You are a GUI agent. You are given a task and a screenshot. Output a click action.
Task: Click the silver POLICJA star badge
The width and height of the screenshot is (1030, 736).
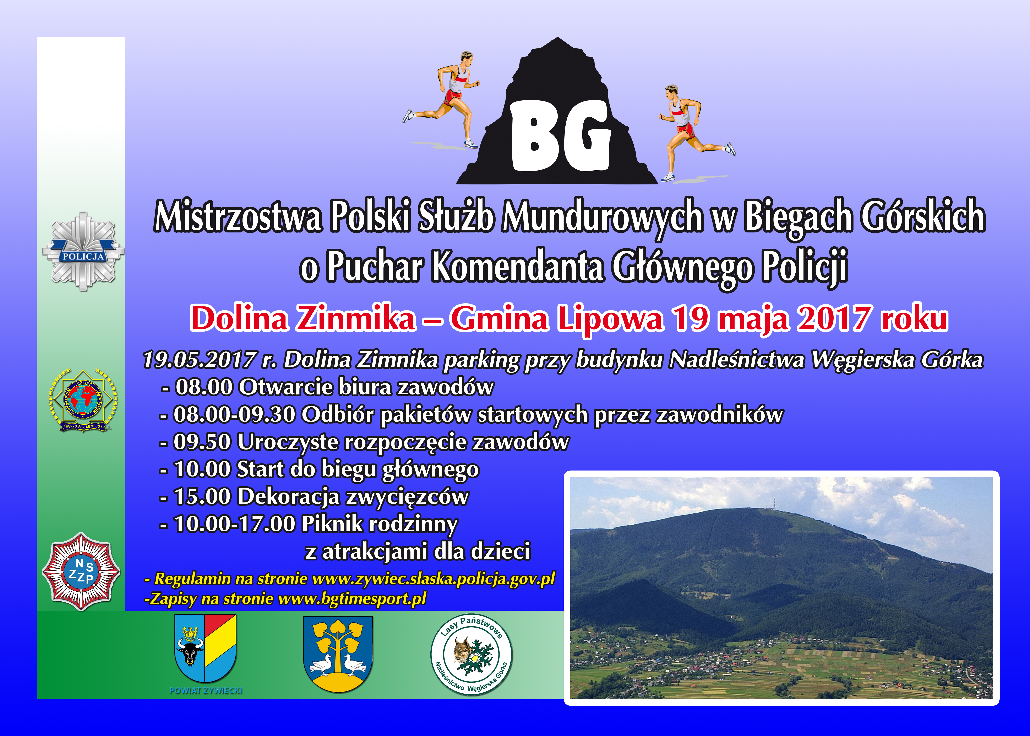[83, 252]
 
